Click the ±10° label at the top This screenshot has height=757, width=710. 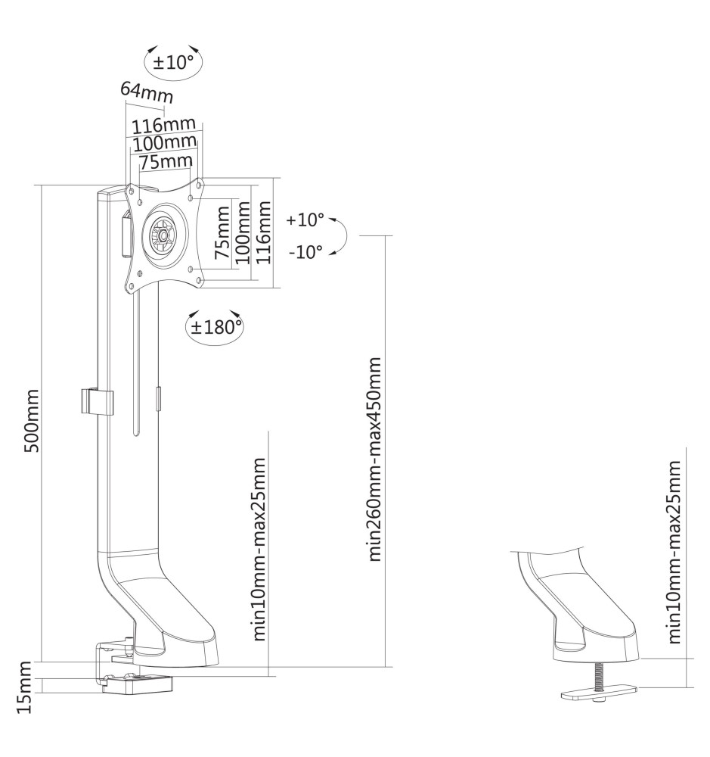(173, 63)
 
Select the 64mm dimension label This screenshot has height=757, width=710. (146, 92)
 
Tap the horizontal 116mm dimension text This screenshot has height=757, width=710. (164, 124)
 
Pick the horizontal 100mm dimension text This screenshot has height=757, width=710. (164, 142)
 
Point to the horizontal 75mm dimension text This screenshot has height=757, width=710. (164, 160)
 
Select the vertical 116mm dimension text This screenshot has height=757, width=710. (262, 232)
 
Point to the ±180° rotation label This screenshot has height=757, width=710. (215, 326)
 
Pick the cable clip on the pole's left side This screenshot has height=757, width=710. (96, 402)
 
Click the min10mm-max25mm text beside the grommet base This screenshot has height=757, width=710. (676, 552)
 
